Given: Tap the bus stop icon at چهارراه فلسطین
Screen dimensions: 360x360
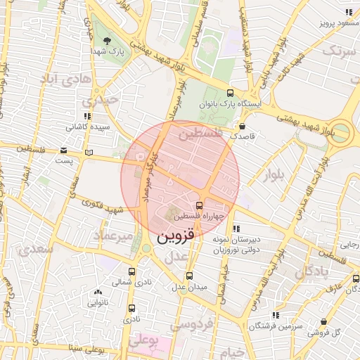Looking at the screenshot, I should (x=199, y=205).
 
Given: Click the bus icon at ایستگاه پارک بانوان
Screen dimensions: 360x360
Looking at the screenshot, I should (x=231, y=93).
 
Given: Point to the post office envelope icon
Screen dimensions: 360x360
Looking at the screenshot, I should (x=64, y=150).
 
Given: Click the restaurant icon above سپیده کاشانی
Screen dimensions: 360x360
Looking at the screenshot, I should (x=87, y=117).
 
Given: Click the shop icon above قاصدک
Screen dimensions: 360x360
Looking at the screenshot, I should (x=243, y=127).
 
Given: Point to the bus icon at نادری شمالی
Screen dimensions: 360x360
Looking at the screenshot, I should (x=131, y=271).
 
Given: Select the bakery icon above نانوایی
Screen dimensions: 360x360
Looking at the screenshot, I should (x=97, y=292).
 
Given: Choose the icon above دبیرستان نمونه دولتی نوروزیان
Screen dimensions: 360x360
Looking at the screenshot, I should (x=236, y=229).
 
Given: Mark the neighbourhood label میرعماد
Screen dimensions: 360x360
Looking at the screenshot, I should (x=113, y=237).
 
